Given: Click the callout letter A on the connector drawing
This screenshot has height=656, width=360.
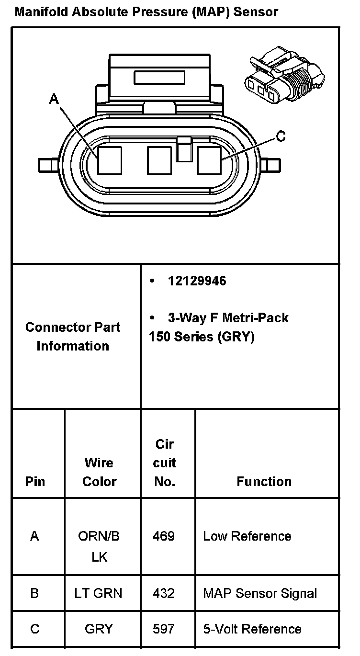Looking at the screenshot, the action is (x=54, y=99).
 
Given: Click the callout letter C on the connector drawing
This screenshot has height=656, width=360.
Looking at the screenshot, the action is (x=281, y=136).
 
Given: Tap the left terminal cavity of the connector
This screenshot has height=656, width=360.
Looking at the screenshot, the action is (x=110, y=160).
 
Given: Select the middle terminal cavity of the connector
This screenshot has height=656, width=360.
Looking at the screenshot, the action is (x=159, y=160).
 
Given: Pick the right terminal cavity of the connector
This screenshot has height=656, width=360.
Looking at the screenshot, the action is (x=210, y=160).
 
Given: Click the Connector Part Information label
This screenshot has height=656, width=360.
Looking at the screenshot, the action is (x=73, y=336).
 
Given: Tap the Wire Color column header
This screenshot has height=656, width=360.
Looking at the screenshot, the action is (x=100, y=472).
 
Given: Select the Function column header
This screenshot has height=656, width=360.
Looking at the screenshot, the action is (x=264, y=481).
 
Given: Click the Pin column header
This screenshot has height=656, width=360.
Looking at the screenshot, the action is (x=35, y=481).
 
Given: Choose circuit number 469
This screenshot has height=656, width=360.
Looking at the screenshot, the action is (x=164, y=536).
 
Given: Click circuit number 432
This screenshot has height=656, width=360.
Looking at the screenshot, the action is (x=164, y=593).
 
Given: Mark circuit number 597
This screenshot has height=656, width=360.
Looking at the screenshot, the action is (x=164, y=629).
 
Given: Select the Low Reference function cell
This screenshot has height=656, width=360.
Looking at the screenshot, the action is (x=247, y=536).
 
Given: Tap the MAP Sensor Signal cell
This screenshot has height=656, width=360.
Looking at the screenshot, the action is (x=260, y=593).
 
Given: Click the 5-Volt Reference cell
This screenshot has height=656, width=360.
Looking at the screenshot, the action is (x=252, y=629).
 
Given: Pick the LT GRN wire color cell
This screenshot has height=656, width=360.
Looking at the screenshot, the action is (x=98, y=593).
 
